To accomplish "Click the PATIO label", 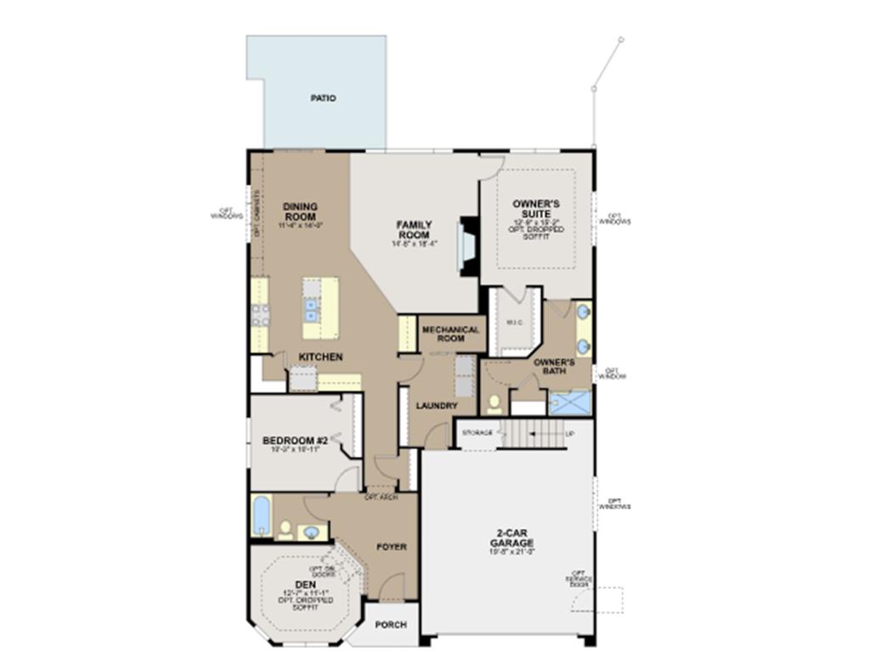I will (x=323, y=98).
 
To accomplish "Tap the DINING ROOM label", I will (x=300, y=211).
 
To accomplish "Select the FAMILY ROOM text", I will (x=414, y=229).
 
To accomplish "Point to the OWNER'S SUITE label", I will (x=536, y=209).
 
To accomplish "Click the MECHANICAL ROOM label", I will (x=450, y=334).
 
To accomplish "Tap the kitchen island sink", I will (x=312, y=310).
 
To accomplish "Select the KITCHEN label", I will (x=320, y=357).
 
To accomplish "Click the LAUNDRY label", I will (x=437, y=406).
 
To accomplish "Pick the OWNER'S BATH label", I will (x=555, y=367).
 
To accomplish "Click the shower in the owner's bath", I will (x=568, y=402).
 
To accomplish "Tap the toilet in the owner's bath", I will (x=494, y=402).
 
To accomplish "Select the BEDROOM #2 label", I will (x=295, y=441).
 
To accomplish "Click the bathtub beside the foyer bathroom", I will (x=261, y=516).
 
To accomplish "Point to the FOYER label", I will (x=392, y=547).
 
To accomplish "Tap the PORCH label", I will (x=391, y=625).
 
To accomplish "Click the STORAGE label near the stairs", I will (x=477, y=433).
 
